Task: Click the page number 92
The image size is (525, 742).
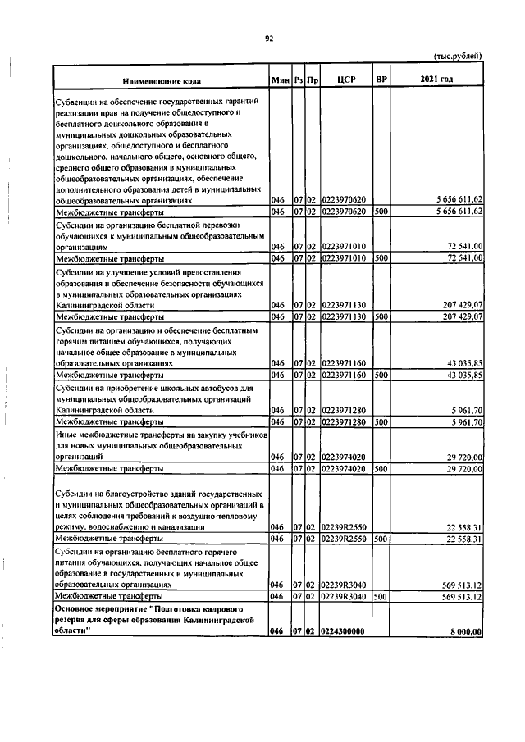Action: click(x=268, y=38)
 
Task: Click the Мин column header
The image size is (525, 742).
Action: click(x=281, y=80)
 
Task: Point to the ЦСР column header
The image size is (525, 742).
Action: click(x=345, y=80)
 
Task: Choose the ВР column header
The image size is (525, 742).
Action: click(x=380, y=80)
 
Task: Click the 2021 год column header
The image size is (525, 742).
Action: click(x=436, y=80)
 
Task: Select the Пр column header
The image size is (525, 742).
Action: click(x=313, y=80)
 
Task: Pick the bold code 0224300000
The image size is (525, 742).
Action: click(x=344, y=631)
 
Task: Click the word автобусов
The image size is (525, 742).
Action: click(x=218, y=387)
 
